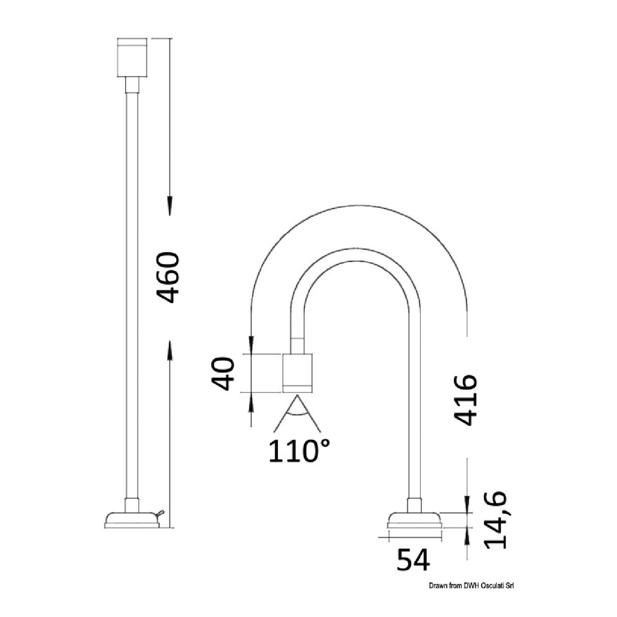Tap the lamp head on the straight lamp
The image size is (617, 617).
132,57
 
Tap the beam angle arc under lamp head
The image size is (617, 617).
299,416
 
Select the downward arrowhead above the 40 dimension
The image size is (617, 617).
251,345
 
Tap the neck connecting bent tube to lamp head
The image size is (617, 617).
297,345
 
